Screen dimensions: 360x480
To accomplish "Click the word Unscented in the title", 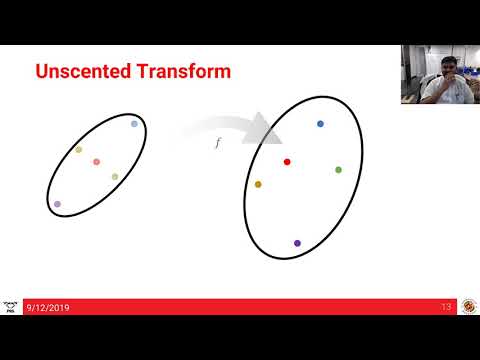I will pos(84,72).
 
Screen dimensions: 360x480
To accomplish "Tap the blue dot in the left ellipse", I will pos(134,124).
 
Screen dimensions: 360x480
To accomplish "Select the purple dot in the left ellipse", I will pos(57,204).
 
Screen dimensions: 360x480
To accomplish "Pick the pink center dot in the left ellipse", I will pos(96,162).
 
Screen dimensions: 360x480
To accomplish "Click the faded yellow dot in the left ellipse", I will pos(78,150).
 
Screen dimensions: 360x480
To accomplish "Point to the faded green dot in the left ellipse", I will pos(115,177).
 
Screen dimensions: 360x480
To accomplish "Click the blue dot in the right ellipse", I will pos(320,124).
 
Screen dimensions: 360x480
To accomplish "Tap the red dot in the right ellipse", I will pos(287,161).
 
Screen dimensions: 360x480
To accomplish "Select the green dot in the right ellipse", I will pos(338,170).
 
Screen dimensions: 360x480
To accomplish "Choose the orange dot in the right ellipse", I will pos(258,184).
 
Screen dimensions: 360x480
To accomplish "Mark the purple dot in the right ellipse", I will pos(297,243).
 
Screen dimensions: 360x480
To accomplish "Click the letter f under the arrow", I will pos(219,144).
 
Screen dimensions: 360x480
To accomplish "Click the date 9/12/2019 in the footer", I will pos(48,307).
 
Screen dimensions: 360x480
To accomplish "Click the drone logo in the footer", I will pos(10,306).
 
